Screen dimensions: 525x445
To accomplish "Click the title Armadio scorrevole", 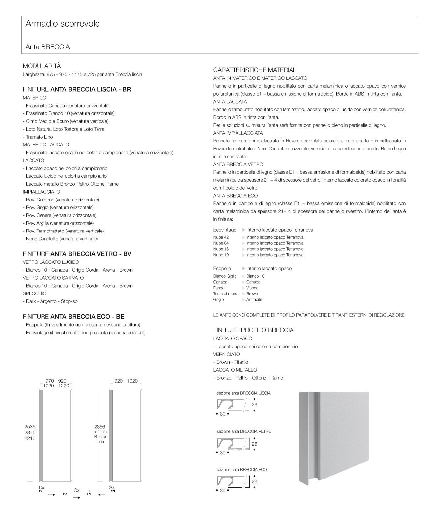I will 63,24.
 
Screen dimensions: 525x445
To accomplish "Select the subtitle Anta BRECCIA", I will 48,47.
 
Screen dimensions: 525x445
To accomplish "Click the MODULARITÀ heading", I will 42,66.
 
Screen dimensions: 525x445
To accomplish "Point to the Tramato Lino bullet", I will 38,137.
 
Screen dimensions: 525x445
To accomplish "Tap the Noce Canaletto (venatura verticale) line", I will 60,239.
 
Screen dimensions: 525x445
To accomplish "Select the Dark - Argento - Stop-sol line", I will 51,301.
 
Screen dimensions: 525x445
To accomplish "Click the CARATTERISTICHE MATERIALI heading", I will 255,70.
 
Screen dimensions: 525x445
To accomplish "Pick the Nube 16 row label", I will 221,249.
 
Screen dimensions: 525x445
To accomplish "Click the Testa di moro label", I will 225,294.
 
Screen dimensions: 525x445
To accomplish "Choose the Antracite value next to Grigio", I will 254,300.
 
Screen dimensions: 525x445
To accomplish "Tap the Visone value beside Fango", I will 252,288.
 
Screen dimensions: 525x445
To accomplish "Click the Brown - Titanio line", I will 231,362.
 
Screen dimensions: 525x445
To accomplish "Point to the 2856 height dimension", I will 100,427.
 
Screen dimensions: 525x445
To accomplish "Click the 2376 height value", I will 30,433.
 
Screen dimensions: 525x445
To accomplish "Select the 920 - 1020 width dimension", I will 126,381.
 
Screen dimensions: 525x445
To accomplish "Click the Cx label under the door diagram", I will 76,490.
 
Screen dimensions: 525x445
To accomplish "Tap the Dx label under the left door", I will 42,487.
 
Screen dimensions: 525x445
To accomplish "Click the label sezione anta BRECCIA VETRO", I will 244,431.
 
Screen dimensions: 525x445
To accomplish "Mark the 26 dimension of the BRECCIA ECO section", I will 254,482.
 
